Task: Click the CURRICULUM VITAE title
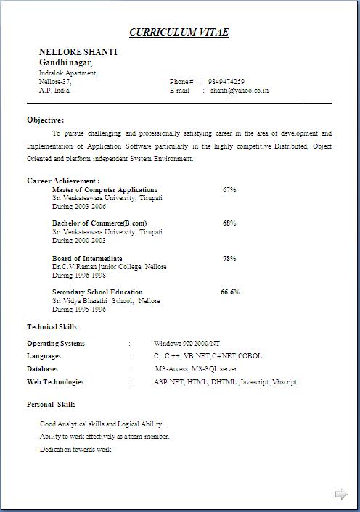pos(179,33)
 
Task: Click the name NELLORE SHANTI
pos(78,52)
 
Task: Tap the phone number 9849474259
pos(226,81)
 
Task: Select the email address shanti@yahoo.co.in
pos(240,91)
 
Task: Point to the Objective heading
pos(45,120)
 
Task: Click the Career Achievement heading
pos(63,181)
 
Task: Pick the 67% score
pos(229,189)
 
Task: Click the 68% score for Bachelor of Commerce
pos(229,223)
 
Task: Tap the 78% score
pos(229,258)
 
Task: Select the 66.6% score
pos(230,292)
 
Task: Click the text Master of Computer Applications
pos(105,189)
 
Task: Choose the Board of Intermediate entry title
pos(87,258)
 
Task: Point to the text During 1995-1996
pos(79,310)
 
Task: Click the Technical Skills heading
pos(54,327)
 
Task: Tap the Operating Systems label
pos(56,344)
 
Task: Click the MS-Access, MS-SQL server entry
pos(195,369)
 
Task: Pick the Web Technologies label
pos(55,382)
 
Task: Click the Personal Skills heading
pos(51,404)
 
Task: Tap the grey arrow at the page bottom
pos(340,495)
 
